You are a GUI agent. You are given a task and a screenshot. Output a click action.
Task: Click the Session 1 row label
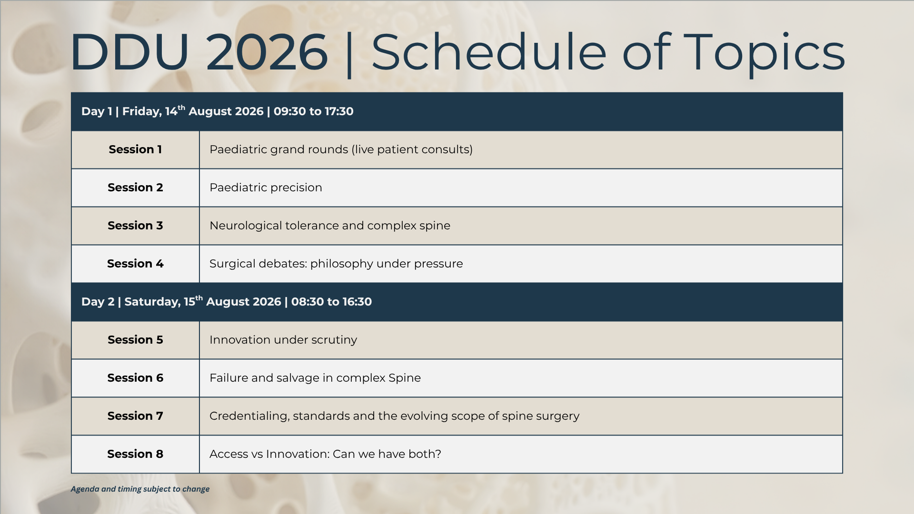(135, 149)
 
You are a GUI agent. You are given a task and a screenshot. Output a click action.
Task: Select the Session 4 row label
(135, 264)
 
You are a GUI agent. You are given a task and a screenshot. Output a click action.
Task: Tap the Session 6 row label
(135, 378)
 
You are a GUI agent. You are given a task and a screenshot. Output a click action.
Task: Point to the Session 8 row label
(135, 454)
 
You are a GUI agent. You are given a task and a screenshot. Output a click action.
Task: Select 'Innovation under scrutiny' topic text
(283, 340)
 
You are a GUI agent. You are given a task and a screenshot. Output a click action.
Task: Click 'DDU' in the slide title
(130, 52)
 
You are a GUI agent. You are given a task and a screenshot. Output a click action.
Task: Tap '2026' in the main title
(267, 52)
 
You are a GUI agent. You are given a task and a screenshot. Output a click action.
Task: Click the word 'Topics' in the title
(767, 53)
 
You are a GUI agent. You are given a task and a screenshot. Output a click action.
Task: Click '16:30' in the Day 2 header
(357, 302)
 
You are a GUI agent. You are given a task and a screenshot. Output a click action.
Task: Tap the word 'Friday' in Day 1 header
(142, 112)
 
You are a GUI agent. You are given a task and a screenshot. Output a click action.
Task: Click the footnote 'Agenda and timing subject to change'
(140, 489)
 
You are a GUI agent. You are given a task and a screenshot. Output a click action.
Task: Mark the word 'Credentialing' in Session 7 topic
(249, 416)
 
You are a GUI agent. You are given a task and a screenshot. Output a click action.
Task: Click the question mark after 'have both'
(438, 454)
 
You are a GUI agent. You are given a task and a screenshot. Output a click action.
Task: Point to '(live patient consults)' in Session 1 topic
(412, 149)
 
